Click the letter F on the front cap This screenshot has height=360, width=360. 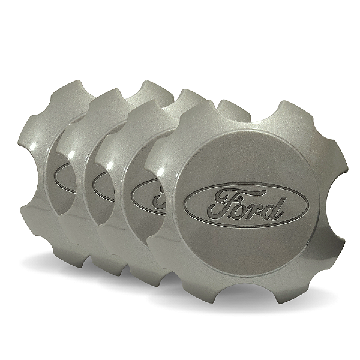(224, 203)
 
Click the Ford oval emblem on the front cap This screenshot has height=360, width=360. (247, 205)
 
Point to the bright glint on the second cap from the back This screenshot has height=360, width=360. (71, 154)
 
